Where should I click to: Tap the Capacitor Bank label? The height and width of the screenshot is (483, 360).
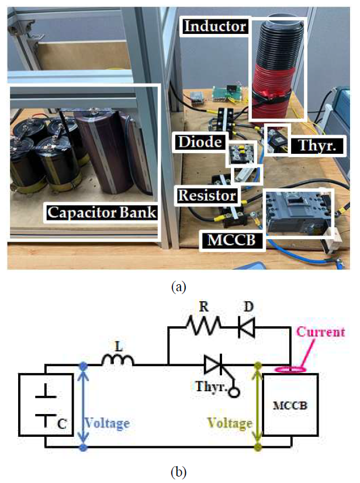(x=102, y=212)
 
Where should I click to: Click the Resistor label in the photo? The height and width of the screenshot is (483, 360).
(x=208, y=194)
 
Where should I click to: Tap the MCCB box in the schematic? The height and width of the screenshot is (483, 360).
(x=290, y=404)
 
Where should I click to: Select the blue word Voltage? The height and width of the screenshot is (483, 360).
(x=108, y=422)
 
